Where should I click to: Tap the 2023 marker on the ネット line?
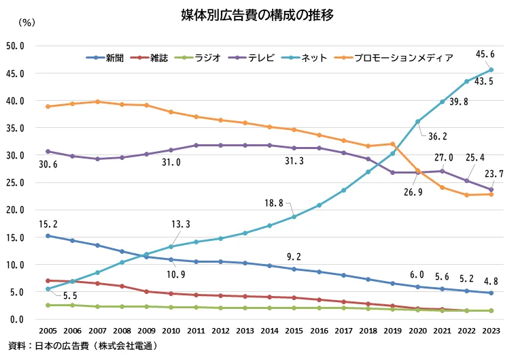coord(491,69)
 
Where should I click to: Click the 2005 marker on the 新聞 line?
coord(48,235)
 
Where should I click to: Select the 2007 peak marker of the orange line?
coord(98,101)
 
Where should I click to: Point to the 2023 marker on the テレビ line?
coord(491,190)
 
